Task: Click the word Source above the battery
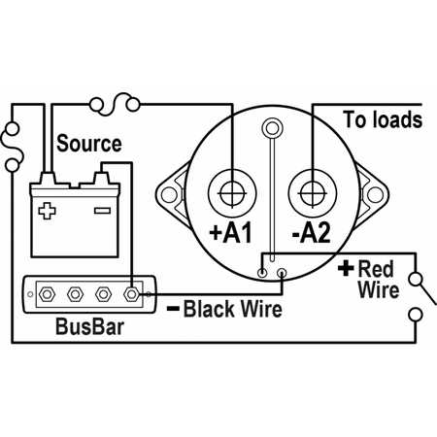pyautogui.click(x=89, y=144)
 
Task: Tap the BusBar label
pyautogui.click(x=89, y=326)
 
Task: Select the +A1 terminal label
pyautogui.click(x=230, y=232)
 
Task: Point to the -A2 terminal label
pyautogui.click(x=311, y=232)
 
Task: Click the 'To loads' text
pyautogui.click(x=383, y=119)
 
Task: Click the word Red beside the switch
pyautogui.click(x=376, y=269)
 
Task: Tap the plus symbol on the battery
pyautogui.click(x=47, y=211)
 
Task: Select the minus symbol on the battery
pyautogui.click(x=102, y=211)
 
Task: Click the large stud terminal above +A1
pyautogui.click(x=232, y=194)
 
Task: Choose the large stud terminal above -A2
pyautogui.click(x=313, y=194)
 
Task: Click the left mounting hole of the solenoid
pyautogui.click(x=169, y=195)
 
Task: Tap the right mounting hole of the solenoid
pyautogui.click(x=375, y=195)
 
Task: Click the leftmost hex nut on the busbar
pyautogui.click(x=47, y=294)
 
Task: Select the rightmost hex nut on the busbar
pyautogui.click(x=132, y=294)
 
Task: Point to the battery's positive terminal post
pyautogui.click(x=48, y=179)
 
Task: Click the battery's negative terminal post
pyautogui.click(x=101, y=179)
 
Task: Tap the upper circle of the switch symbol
pyautogui.click(x=416, y=279)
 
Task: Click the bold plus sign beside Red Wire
pyautogui.click(x=346, y=268)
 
